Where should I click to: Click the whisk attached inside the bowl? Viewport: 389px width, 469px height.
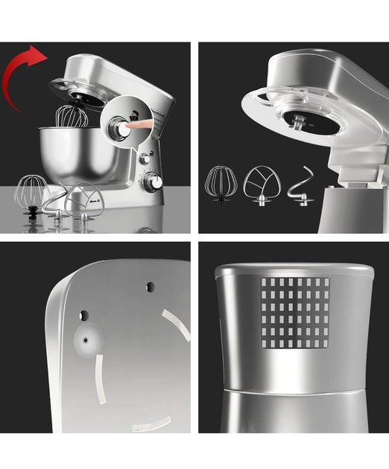click(x=73, y=116)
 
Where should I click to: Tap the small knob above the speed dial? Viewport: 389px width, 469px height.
click(x=145, y=159)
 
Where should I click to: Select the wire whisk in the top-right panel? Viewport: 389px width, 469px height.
click(x=221, y=182)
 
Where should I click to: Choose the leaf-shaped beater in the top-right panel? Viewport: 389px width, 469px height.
click(x=262, y=183)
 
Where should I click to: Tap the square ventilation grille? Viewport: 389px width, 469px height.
click(x=294, y=313)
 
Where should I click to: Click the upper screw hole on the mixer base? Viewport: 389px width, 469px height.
click(x=151, y=287)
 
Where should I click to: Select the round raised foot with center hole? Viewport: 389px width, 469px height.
click(x=87, y=339)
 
